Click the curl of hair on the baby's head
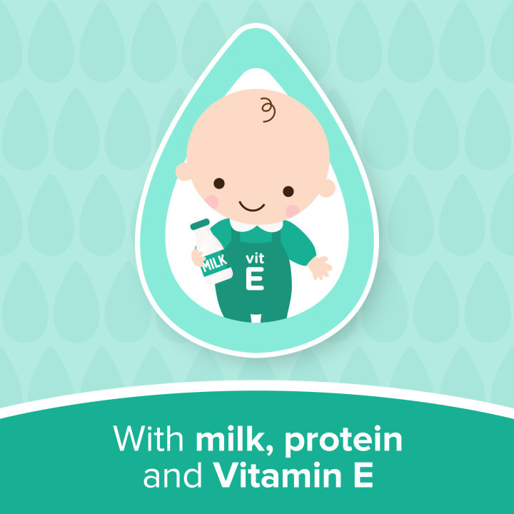pyautogui.click(x=268, y=109)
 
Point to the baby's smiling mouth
pyautogui.click(x=251, y=206)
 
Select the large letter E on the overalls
pyautogui.click(x=254, y=279)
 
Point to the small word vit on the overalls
pyautogui.click(x=255, y=259)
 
